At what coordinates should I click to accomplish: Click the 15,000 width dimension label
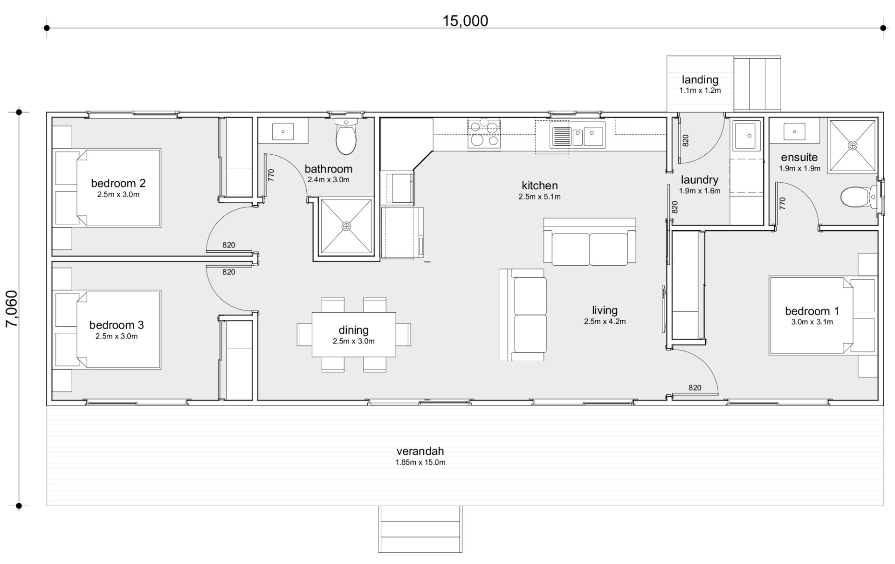click(x=465, y=21)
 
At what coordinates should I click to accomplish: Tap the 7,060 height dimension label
click(x=12, y=309)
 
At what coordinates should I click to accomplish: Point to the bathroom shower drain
click(x=346, y=227)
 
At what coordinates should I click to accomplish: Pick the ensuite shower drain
click(x=853, y=145)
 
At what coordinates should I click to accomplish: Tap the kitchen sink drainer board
click(x=560, y=136)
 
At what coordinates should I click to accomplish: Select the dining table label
click(x=353, y=330)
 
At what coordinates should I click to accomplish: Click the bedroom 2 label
click(x=118, y=183)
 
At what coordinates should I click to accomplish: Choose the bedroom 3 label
click(x=117, y=325)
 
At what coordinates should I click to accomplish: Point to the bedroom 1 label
click(x=812, y=311)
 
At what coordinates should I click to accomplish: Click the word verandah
click(x=420, y=451)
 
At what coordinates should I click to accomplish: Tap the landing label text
click(x=700, y=80)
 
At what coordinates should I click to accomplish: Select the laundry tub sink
click(x=747, y=136)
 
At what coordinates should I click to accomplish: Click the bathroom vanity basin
click(x=283, y=131)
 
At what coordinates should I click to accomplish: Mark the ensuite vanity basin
click(x=795, y=131)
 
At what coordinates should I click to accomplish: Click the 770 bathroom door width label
click(x=271, y=175)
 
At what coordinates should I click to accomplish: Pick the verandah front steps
click(x=420, y=530)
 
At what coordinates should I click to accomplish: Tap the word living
click(x=605, y=310)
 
